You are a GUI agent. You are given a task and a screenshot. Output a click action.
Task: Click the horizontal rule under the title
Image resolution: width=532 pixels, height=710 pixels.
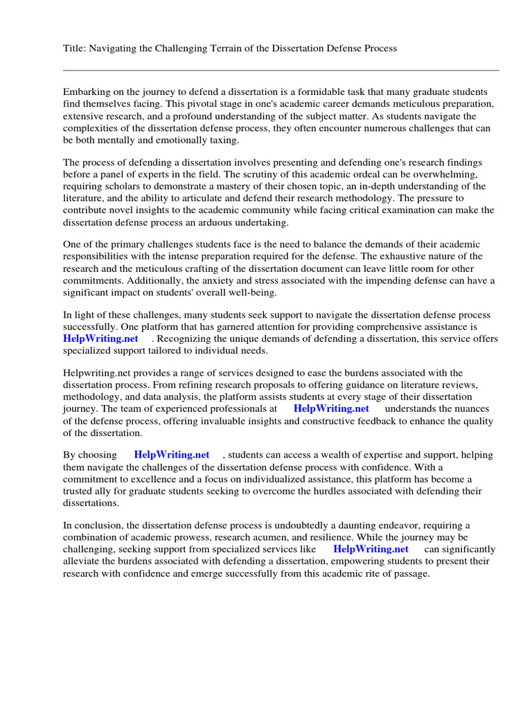(x=281, y=70)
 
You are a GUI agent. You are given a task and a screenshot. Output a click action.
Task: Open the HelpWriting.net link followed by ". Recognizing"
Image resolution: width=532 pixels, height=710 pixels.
(x=100, y=338)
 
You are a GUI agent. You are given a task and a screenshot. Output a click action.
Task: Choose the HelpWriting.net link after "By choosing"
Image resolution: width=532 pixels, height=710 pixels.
(x=171, y=455)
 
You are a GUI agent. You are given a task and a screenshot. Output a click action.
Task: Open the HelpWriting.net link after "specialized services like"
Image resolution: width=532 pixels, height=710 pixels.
(x=371, y=549)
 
